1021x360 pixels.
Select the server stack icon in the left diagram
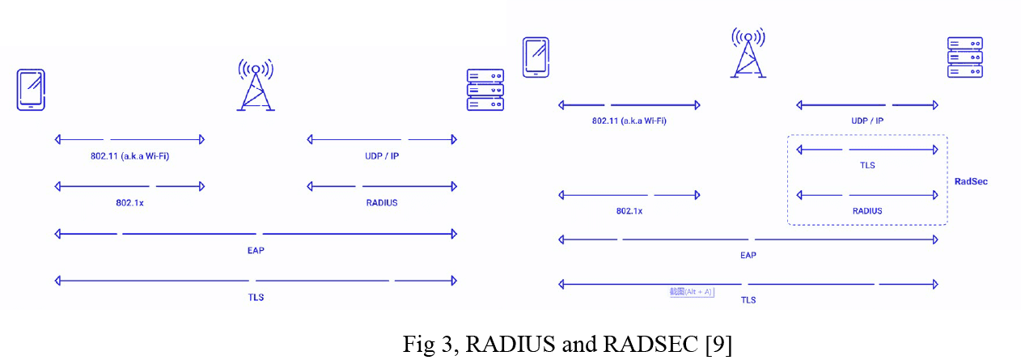(485, 90)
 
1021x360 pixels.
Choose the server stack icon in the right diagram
(964, 57)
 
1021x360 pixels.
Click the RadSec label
(971, 181)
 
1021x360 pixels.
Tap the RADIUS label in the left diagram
(382, 202)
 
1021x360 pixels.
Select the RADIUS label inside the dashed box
(867, 210)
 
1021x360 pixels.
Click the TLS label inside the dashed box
(867, 165)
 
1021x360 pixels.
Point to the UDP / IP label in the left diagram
(382, 155)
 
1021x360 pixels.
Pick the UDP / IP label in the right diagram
(867, 121)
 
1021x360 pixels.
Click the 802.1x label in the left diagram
(129, 202)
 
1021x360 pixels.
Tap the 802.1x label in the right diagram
(629, 210)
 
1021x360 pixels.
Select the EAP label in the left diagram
(255, 250)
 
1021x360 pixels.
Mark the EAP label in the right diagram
(748, 255)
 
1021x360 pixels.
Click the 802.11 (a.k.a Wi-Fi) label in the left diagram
(130, 155)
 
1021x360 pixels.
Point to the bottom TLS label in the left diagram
(255, 297)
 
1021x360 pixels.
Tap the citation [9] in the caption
(718, 344)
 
